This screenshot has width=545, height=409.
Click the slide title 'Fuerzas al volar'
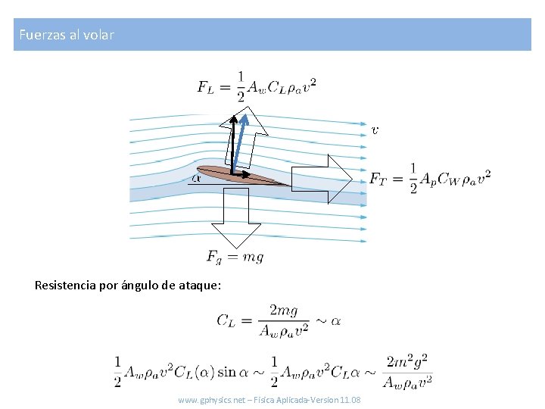pos(67,35)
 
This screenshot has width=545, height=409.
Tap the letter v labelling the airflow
pos(375,130)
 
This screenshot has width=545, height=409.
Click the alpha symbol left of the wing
pos(197,179)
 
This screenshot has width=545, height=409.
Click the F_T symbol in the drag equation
pos(380,179)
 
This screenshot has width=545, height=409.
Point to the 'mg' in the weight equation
pos(252,258)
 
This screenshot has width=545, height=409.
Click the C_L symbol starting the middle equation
pos(226,321)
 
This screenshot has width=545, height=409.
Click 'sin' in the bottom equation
pos(226,372)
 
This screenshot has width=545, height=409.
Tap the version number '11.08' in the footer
pos(350,399)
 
